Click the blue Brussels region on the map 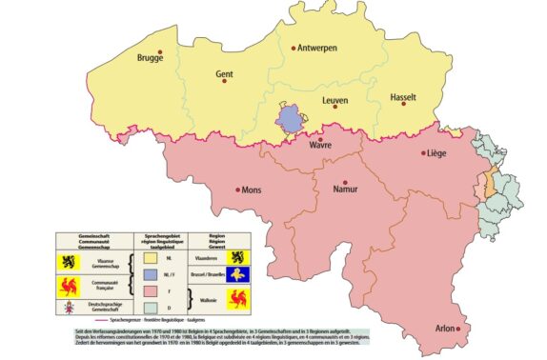289,119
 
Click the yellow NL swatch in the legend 151,256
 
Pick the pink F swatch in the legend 151,290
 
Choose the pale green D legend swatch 151,309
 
